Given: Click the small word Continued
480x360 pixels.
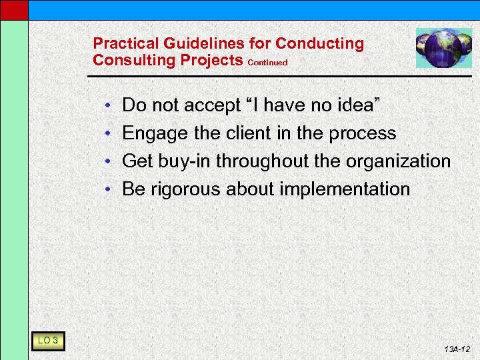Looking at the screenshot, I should (267, 63).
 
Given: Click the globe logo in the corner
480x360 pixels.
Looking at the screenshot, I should (443, 47).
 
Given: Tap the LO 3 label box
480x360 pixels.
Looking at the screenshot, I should (47, 341).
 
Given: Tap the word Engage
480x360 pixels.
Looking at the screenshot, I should (156, 134).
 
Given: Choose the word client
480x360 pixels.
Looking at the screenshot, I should (247, 133).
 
